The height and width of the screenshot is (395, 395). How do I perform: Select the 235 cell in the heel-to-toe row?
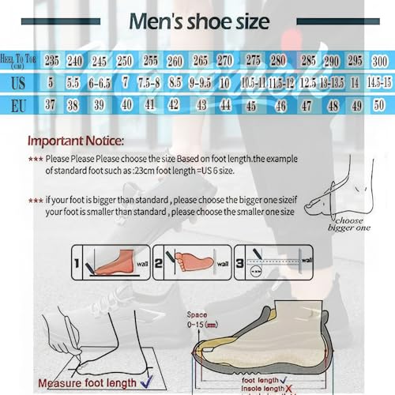52,61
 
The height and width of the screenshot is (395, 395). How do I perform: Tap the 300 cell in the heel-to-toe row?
380,61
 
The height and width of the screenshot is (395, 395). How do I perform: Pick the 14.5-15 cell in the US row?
379,82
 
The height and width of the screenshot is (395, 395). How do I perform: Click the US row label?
19,82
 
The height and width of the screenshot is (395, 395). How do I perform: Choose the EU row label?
19,103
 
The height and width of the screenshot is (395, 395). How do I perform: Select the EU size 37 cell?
52,103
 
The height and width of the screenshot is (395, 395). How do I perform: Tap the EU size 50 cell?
380,103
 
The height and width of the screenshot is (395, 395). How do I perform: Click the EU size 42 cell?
174,103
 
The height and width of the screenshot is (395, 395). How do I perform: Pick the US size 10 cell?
224,82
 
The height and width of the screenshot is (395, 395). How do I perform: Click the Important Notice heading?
75,142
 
